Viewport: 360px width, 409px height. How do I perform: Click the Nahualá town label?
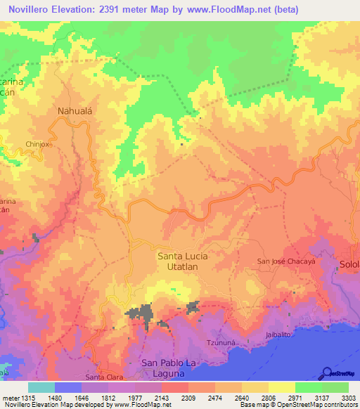pos(73,110)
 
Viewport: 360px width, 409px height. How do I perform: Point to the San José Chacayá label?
pos(285,261)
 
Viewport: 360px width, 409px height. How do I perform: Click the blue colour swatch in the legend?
pos(67,387)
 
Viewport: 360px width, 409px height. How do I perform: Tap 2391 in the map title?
pos(120,9)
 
